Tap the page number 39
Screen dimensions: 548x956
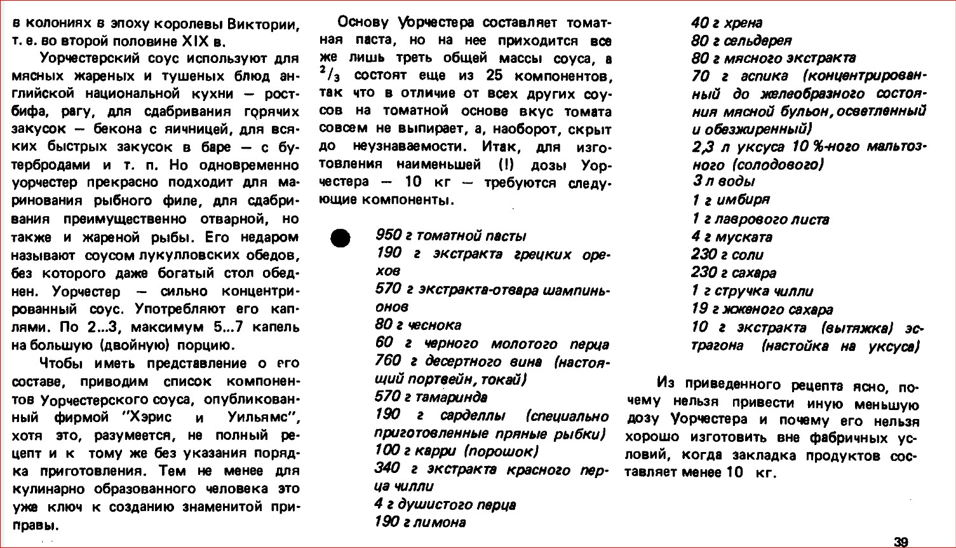pos(900,542)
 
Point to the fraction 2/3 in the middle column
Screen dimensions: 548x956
pos(327,75)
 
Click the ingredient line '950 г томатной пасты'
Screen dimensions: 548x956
pos(450,236)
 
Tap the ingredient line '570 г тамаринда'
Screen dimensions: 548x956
pos(431,397)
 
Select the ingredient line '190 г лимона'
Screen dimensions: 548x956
pos(421,523)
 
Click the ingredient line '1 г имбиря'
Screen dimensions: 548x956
pos(730,200)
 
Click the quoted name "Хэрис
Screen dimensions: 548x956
pos(152,418)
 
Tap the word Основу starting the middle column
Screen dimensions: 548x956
pos(363,24)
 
